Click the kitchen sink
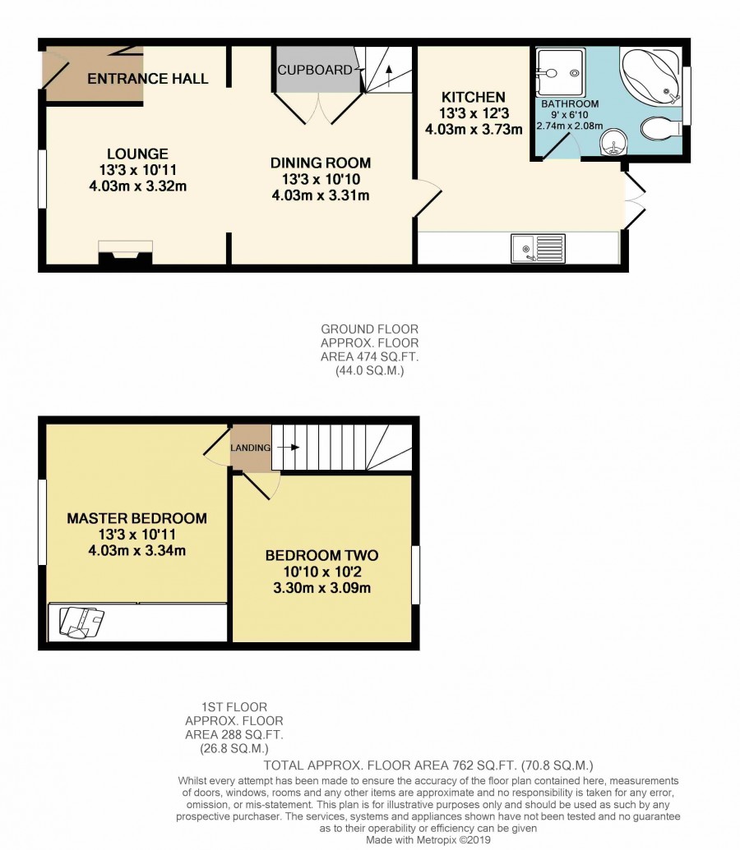pyautogui.click(x=538, y=248)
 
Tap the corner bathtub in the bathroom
pyautogui.click(x=650, y=76)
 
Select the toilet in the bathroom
pyautogui.click(x=661, y=128)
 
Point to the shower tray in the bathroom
pyautogui.click(x=560, y=73)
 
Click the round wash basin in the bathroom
pyautogui.click(x=614, y=143)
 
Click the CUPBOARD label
pyautogui.click(x=315, y=70)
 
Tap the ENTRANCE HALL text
pyautogui.click(x=148, y=79)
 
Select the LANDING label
pyautogui.click(x=250, y=448)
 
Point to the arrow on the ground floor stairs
pyautogui.click(x=389, y=76)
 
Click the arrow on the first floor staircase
pyautogui.click(x=288, y=448)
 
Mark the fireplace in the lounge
pyautogui.click(x=126, y=253)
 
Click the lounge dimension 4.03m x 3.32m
pyautogui.click(x=138, y=186)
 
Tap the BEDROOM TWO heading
pyautogui.click(x=322, y=555)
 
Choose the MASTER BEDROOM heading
pyautogui.click(x=136, y=518)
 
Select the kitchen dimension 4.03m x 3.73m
pyautogui.click(x=474, y=130)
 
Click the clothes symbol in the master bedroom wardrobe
pyautogui.click(x=81, y=623)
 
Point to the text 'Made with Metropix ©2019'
pyautogui.click(x=428, y=840)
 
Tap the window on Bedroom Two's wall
pyautogui.click(x=416, y=575)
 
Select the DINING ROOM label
pyautogui.click(x=321, y=163)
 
